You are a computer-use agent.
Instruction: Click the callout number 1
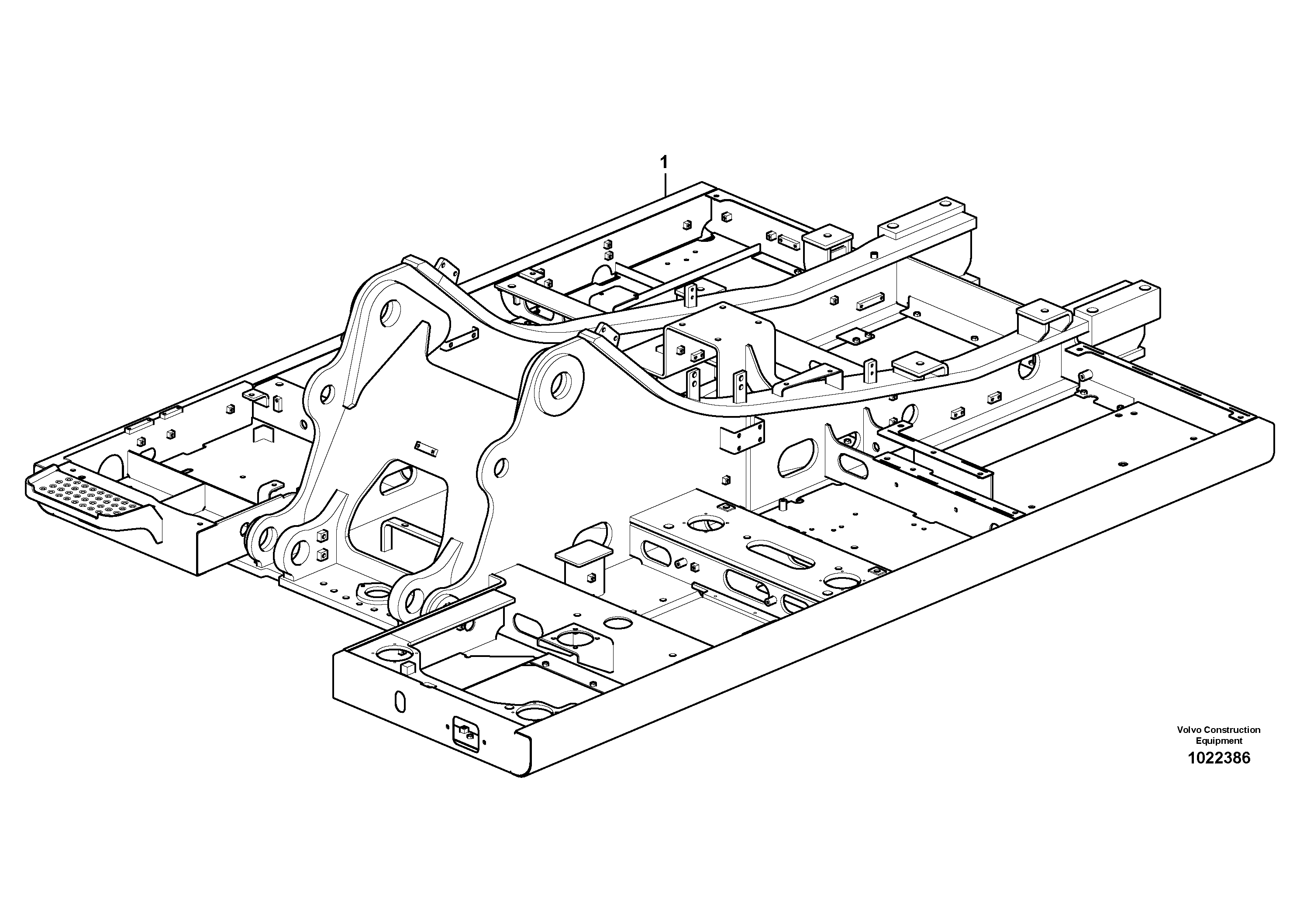coord(664,162)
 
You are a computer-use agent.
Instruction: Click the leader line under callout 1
coord(666,184)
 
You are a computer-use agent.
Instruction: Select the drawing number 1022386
coord(1218,758)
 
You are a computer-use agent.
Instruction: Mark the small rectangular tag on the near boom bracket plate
coord(427,448)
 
